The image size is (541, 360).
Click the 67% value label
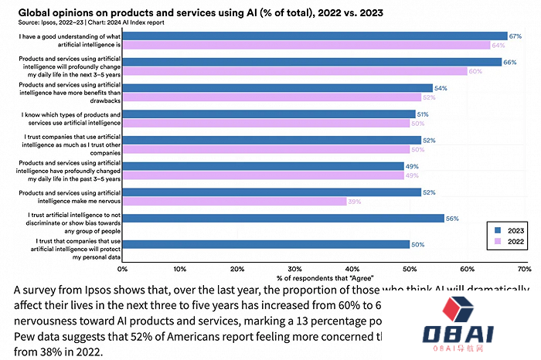pyautogui.click(x=514, y=36)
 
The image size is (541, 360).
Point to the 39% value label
pyautogui.click(x=355, y=202)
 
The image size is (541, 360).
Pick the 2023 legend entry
pyautogui.click(x=505, y=230)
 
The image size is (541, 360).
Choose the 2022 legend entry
pyautogui.click(x=505, y=242)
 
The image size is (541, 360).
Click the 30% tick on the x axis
pyautogui.click(x=294, y=269)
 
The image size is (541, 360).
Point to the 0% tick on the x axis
pyautogui.click(x=122, y=269)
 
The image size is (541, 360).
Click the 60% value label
pyautogui.click(x=475, y=71)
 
